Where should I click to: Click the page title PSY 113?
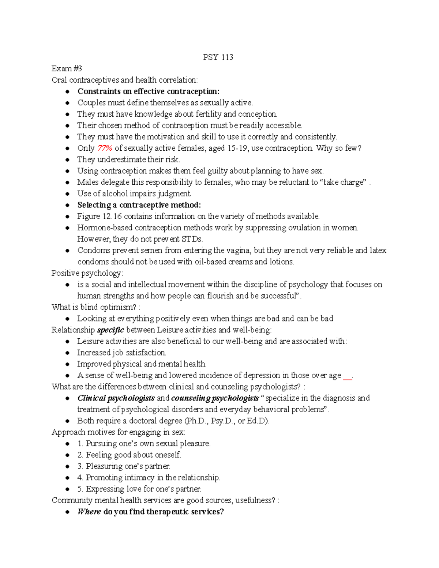coord(218,57)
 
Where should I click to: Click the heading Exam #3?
coord(67,68)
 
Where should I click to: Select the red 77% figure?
coord(105,148)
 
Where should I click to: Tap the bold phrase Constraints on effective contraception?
coord(148,91)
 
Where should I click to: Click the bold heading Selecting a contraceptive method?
coord(139,205)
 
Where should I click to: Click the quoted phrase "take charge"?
coord(344,182)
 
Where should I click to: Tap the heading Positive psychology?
coord(87,273)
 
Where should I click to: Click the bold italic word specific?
coord(110,330)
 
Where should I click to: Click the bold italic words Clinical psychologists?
coord(116,398)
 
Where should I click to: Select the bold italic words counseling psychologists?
coord(215,398)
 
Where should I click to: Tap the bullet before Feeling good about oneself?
coord(67,455)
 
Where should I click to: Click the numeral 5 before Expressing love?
coord(79,489)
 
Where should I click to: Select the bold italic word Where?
coord(89,512)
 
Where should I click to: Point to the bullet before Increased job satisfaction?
coord(67,353)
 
